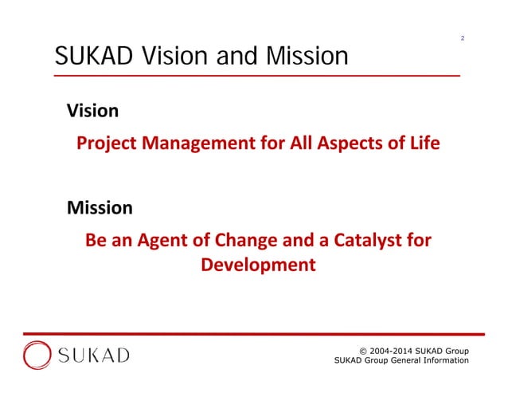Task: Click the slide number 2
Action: click(x=463, y=37)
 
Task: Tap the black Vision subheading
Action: click(x=92, y=111)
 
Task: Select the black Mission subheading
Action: click(x=100, y=208)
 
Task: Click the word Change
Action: click(x=246, y=240)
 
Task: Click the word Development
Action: click(x=258, y=264)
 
